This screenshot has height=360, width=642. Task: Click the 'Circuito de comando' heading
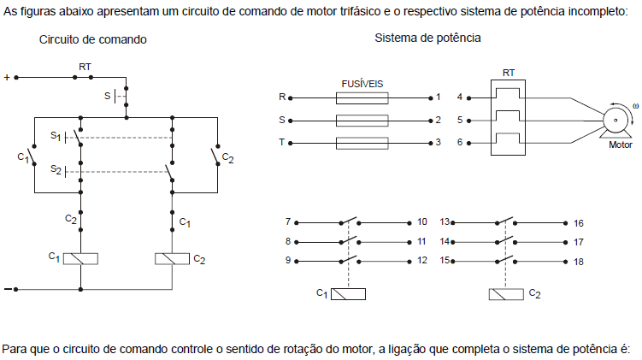coord(92,40)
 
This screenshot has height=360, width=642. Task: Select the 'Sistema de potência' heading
coord(427,38)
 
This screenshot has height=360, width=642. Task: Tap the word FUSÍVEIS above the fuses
coord(363,85)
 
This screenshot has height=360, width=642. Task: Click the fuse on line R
coord(363,98)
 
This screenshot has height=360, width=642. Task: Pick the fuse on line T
coord(363,142)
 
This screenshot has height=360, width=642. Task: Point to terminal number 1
coord(439,98)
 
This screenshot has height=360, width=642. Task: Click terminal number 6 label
coord(460,142)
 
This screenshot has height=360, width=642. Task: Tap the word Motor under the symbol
coord(620,145)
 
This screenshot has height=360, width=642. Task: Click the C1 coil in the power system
coord(348,293)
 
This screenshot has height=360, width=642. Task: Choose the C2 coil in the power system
coord(505,293)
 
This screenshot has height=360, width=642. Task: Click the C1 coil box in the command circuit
coord(80,257)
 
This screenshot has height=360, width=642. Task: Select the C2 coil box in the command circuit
coord(172,257)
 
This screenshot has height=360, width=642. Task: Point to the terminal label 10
coord(422,221)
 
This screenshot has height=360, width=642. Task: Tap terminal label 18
coord(579,262)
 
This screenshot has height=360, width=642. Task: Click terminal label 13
coord(445,221)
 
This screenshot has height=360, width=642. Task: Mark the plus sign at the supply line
coord(8,77)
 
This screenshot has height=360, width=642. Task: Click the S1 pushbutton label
coord(56,135)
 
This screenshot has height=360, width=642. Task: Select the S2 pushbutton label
coord(56,170)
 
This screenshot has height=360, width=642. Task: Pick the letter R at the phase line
coord(282,98)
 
